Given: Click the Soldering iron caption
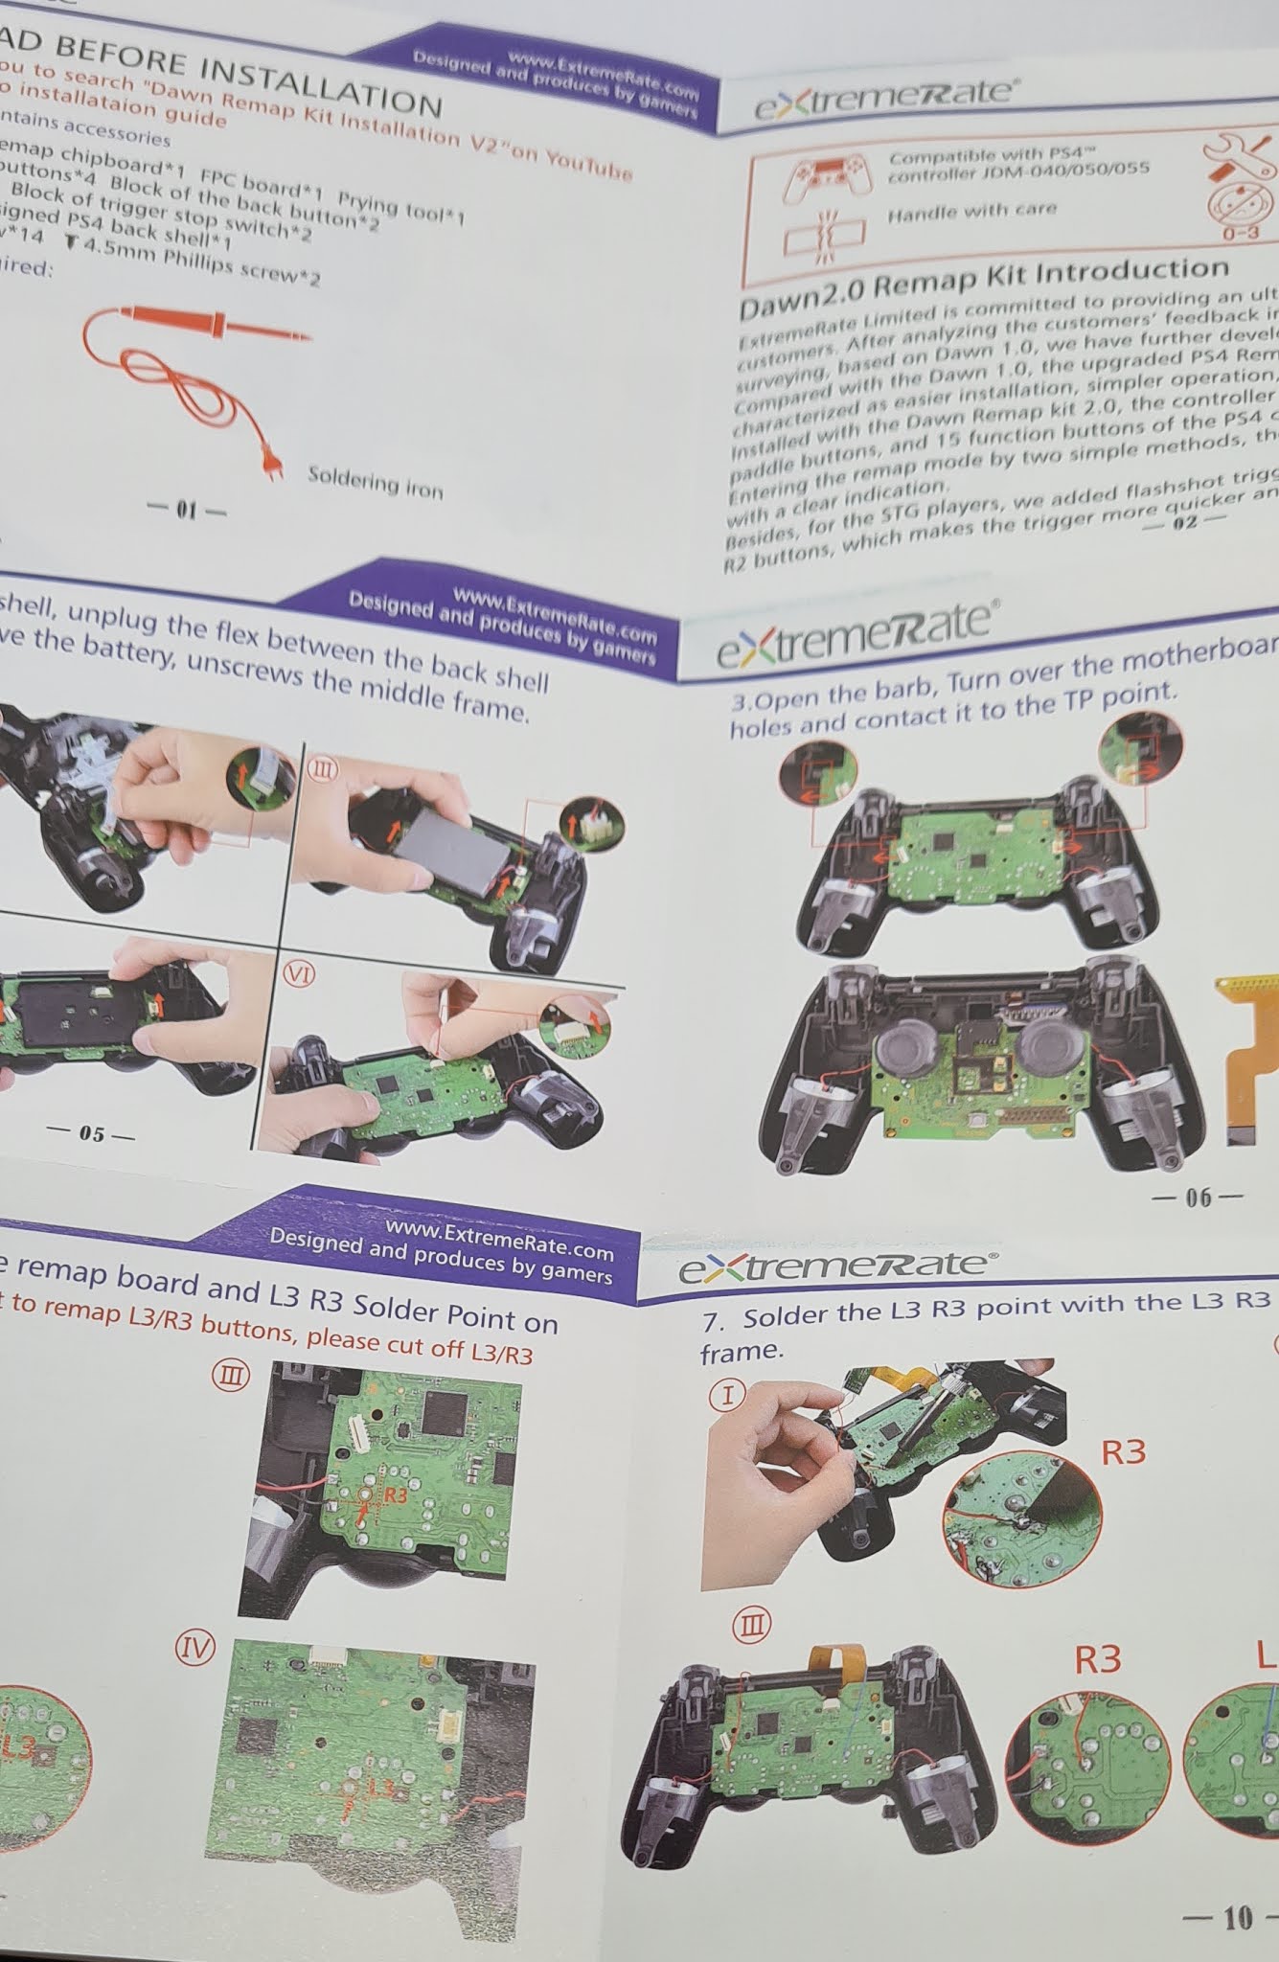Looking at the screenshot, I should (x=375, y=482).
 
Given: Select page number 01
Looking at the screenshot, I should (x=186, y=510).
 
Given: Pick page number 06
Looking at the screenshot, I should (x=1199, y=1198).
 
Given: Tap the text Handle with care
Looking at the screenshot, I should (x=971, y=212).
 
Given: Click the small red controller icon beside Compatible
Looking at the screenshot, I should (x=826, y=174).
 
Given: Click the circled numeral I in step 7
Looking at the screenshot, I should (x=727, y=1395).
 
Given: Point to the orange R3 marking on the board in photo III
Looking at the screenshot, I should (x=394, y=1495).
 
